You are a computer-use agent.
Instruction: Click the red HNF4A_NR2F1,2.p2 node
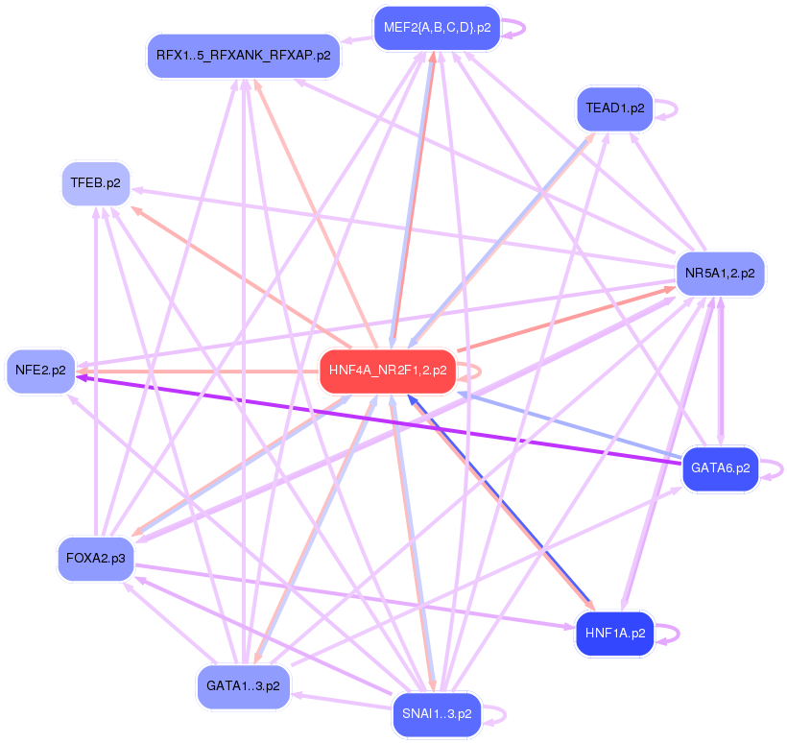pos(387,371)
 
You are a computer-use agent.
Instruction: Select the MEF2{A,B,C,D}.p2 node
pos(437,28)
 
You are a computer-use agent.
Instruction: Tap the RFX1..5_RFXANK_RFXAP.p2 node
pos(243,55)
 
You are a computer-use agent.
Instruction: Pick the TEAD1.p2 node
pos(614,108)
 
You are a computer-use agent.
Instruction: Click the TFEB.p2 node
pos(96,183)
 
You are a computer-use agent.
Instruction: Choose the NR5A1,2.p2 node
pos(720,274)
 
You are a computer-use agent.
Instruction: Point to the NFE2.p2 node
pos(41,370)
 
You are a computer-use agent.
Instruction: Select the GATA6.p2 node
pos(720,470)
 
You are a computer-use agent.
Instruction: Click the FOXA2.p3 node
pos(96,558)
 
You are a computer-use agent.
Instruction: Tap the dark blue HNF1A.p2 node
pos(614,634)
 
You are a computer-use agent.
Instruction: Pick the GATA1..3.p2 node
pos(243,686)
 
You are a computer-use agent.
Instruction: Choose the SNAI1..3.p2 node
pos(437,714)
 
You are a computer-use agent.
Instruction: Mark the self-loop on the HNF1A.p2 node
pos(680,634)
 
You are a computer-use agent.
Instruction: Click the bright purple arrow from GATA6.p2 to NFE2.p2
pos(384,419)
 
